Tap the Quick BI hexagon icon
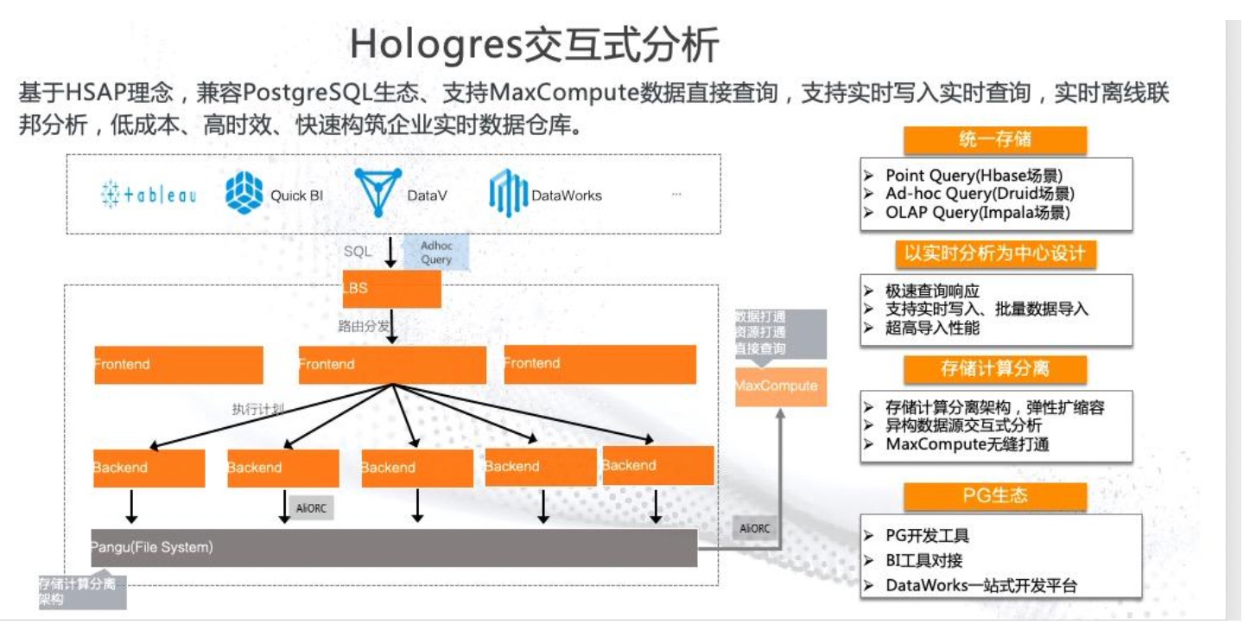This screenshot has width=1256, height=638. coord(244,193)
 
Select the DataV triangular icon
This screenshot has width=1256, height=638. coord(377,192)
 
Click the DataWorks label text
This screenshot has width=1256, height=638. coord(567,195)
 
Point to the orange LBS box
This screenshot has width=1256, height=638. coord(392,289)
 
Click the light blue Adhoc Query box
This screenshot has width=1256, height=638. coord(436,252)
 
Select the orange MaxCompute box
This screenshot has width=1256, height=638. coord(780,386)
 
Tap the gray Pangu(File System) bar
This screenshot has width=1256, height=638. coord(394,548)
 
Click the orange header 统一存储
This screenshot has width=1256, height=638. coord(994,140)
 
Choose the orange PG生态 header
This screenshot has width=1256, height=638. coord(994,496)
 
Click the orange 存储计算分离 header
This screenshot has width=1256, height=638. coord(994,369)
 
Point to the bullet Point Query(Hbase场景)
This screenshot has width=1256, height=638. coord(974,175)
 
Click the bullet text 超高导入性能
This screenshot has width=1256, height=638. coord(933,328)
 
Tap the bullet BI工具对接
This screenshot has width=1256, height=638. coord(924,560)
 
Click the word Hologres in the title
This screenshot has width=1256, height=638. coord(435,45)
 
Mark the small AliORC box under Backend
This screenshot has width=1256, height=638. coord(311,508)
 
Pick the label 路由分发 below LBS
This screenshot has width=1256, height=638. coord(364,327)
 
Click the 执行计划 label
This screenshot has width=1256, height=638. coord(257,409)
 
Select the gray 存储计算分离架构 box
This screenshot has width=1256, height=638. coord(82,591)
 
